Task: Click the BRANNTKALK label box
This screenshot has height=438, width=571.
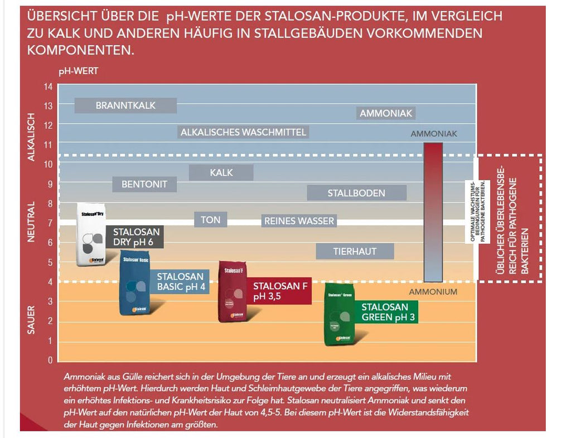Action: (x=125, y=105)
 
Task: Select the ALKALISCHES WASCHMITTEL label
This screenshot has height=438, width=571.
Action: (x=243, y=132)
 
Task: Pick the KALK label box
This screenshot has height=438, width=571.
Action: (x=221, y=173)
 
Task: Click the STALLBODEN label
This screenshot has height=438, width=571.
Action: (x=356, y=193)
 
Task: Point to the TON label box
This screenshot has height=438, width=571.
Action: (x=211, y=220)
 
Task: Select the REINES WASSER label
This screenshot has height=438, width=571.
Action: (x=299, y=221)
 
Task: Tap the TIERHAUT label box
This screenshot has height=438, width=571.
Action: (x=355, y=252)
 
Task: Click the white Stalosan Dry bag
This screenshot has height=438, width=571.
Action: (x=91, y=234)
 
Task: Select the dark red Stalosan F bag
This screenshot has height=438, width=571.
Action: (x=234, y=291)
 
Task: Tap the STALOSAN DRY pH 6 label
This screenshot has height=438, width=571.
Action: (x=136, y=237)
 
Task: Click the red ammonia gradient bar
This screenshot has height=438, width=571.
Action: (x=433, y=212)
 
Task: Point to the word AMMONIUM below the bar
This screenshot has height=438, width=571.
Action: (x=433, y=292)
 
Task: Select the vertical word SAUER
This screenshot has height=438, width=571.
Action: (x=32, y=320)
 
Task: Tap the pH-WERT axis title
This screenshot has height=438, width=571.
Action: (x=78, y=71)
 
